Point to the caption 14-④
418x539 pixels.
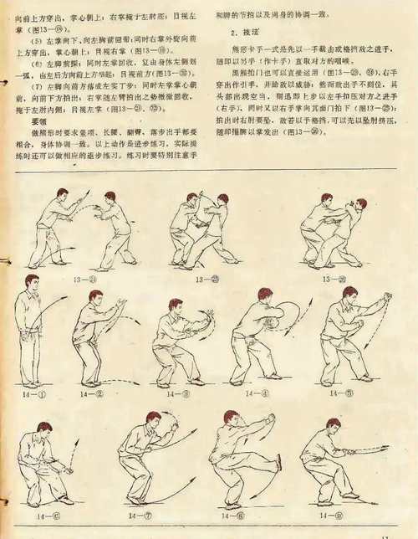click(248, 393)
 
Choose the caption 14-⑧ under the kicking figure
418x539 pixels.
click(225, 517)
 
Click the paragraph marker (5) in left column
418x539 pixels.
click(33, 39)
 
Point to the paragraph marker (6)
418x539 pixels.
click(33, 63)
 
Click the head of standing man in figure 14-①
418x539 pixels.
click(31, 282)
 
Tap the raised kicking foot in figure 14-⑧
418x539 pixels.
click(278, 463)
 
